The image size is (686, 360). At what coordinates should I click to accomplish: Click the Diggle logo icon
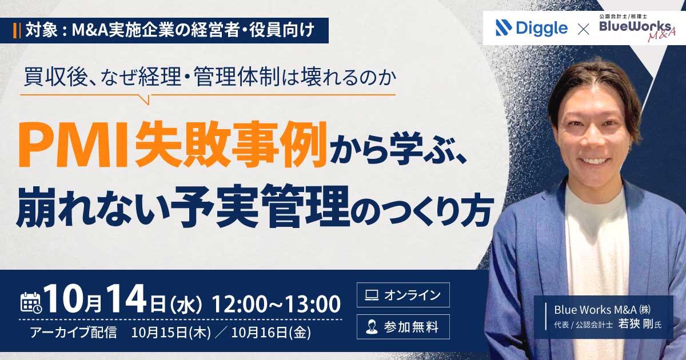[x=504, y=28]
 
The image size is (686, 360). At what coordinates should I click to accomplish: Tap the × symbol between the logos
[x=583, y=30]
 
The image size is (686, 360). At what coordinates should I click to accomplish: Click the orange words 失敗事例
[x=230, y=145]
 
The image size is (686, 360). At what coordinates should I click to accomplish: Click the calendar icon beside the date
[x=31, y=303]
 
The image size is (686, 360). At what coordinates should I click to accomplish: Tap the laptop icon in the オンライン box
[x=372, y=295]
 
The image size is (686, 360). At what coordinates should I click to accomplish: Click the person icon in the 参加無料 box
[x=372, y=327]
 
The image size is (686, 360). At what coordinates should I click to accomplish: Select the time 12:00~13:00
[x=276, y=304]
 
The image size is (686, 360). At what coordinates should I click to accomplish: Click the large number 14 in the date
[x=127, y=298]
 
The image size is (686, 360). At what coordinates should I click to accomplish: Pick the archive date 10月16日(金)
[x=272, y=333]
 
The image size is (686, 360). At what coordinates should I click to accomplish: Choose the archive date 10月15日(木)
[x=171, y=333]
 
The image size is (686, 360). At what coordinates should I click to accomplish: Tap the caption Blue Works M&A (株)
[x=602, y=310]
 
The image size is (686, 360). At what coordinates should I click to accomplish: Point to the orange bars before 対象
[x=18, y=31]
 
